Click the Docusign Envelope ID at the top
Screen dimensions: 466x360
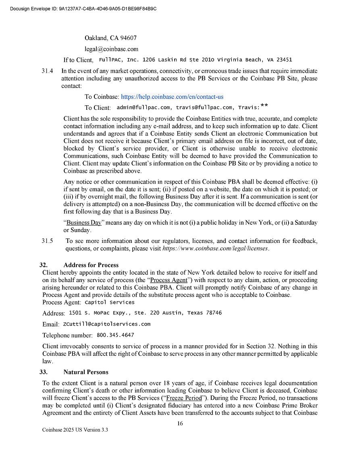point(83,8)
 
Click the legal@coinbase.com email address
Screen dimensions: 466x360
point(111,49)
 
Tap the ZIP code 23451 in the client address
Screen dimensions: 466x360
point(284,60)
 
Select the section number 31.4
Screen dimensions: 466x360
point(47,71)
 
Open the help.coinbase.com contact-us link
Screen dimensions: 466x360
point(172,97)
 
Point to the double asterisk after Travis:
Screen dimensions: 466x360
point(264,106)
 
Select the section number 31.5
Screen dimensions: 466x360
point(47,241)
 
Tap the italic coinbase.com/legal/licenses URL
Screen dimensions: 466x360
point(215,249)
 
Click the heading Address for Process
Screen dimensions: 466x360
point(91,265)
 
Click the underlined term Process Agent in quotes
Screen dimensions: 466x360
point(169,280)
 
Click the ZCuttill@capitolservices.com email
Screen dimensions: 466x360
point(107,324)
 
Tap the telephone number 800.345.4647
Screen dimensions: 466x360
point(115,335)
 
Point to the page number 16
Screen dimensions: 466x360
point(180,423)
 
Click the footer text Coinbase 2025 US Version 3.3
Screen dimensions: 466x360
point(75,430)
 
